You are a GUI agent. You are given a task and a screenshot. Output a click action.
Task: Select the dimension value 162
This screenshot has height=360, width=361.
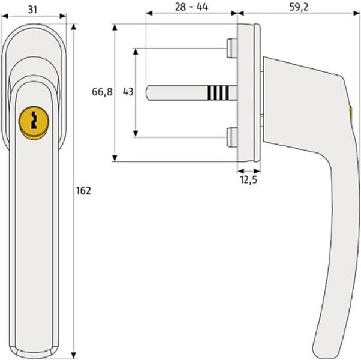83,191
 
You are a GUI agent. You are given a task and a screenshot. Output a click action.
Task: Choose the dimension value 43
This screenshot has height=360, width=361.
127,92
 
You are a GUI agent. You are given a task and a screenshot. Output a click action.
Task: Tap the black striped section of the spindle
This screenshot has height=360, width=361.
218,92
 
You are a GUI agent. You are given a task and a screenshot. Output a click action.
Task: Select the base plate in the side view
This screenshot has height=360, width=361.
248,93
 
